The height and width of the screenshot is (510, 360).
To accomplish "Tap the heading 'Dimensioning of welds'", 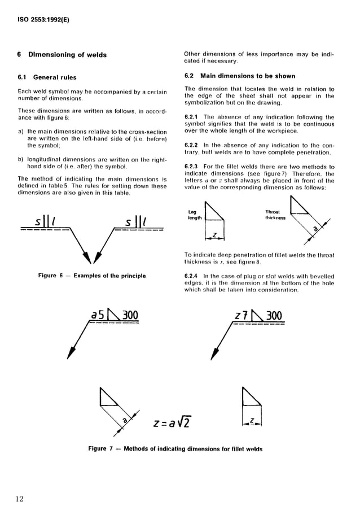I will point(67,55).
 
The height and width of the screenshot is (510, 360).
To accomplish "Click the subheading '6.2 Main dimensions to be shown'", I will point(239,76).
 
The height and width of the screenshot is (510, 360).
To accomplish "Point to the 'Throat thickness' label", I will point(275,215).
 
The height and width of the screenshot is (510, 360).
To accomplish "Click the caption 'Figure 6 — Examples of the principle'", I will point(91,276).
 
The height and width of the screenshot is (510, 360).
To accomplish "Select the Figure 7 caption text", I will point(175,449).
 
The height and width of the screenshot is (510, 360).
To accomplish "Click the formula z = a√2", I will point(171,422).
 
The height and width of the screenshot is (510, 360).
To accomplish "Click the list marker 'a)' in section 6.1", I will point(21,132).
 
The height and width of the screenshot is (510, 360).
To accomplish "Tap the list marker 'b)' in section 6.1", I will point(21,160).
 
